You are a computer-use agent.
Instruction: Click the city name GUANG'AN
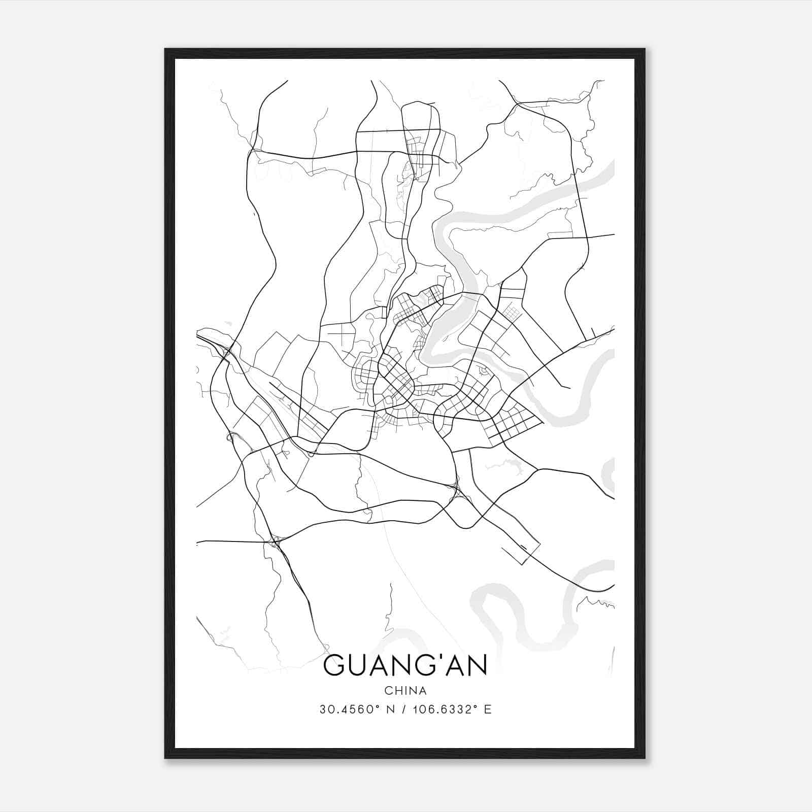coord(405,665)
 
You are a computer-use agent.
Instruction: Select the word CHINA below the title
coord(405,691)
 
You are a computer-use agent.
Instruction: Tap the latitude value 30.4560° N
coord(352,709)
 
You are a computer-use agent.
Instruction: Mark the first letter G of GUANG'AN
coord(334,665)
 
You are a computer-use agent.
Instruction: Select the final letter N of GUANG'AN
coord(477,665)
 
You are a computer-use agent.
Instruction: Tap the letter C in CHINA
coord(388,691)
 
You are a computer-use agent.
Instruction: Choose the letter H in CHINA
coord(397,691)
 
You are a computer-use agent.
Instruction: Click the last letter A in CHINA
coord(423,691)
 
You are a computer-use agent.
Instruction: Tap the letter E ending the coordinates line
coord(488,709)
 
